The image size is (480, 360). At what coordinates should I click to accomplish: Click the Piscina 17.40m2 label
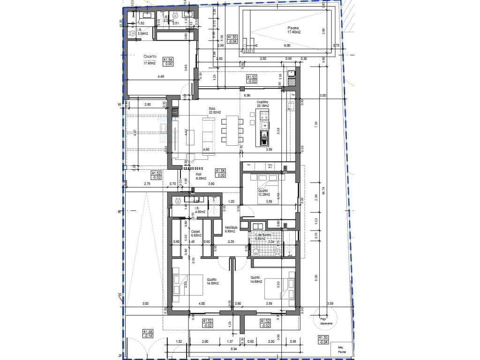(294, 30)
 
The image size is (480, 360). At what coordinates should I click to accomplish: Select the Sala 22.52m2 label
(215, 111)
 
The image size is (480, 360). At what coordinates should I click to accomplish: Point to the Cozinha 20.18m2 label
(262, 104)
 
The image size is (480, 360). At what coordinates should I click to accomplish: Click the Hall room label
(199, 176)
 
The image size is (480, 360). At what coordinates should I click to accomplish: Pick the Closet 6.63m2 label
(196, 233)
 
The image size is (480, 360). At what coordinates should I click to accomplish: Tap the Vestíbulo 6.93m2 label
(232, 229)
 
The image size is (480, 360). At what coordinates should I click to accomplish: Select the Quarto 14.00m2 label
(212, 281)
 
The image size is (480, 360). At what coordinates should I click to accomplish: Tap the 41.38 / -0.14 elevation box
(149, 334)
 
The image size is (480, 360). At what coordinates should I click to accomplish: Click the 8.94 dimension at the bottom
(233, 349)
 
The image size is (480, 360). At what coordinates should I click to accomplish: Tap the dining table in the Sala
(232, 131)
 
